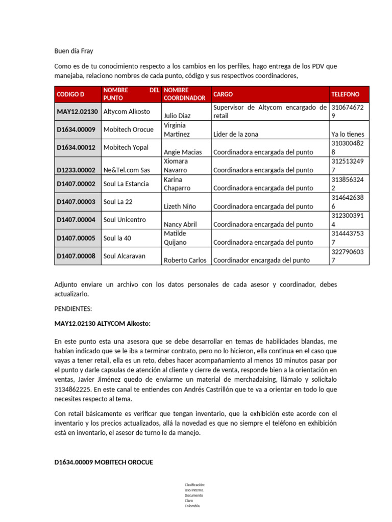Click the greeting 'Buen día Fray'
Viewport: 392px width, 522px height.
tap(74, 51)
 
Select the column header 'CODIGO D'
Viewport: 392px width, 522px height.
tap(70, 94)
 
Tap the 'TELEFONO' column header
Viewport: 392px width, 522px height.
tap(346, 94)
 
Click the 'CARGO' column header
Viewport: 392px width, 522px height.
tap(223, 94)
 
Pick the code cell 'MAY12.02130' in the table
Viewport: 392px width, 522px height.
tap(77, 111)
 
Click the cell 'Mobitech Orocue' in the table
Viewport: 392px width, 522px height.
tap(128, 129)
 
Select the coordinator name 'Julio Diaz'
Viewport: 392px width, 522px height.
tap(177, 116)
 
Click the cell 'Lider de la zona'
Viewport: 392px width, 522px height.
tap(236, 134)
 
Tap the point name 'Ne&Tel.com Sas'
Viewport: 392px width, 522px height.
tap(127, 170)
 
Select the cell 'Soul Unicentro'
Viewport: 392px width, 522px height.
tap(125, 220)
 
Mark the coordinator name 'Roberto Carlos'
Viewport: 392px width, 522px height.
tap(185, 260)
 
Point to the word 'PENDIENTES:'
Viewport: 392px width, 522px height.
tap(73, 309)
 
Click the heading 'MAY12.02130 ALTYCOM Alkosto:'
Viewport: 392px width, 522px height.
tap(103, 324)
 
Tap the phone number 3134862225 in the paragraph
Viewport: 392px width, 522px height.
tap(72, 389)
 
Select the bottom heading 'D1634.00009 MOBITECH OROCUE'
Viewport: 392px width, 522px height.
tap(104, 462)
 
